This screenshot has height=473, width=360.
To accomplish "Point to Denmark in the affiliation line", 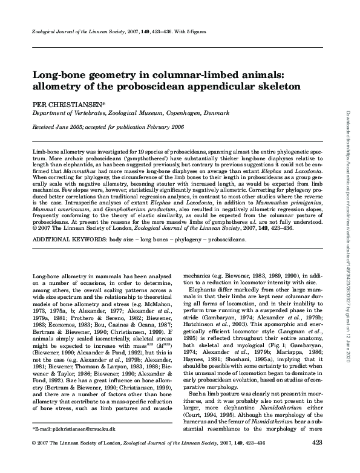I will [x=211, y=113].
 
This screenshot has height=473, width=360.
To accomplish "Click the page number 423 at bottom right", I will [x=316, y=460].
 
